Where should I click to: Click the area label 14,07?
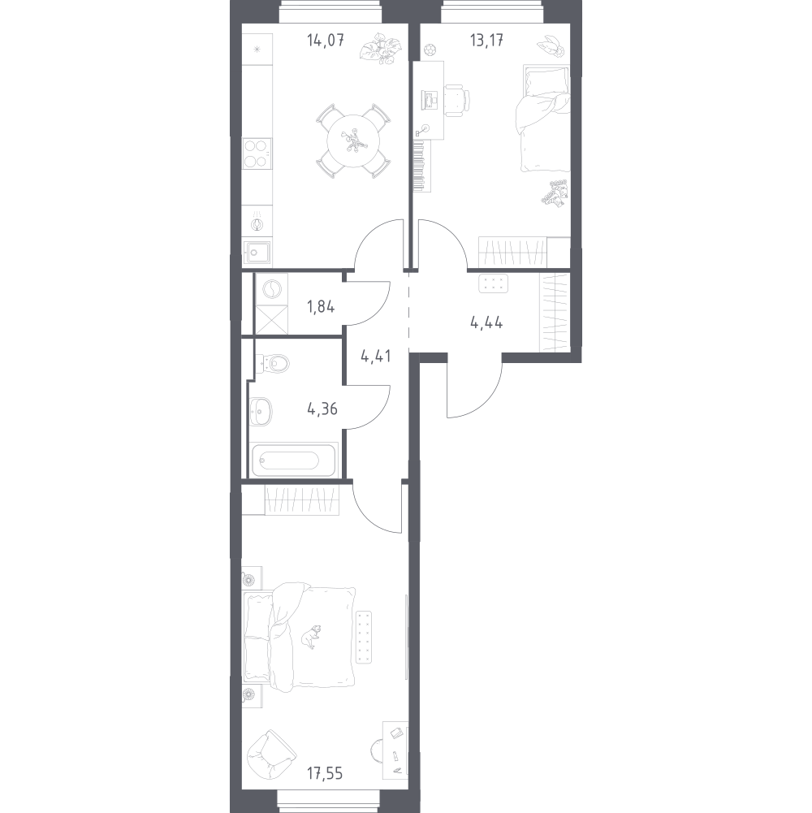click(x=326, y=40)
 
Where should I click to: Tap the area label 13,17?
click(x=486, y=40)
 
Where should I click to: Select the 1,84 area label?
click(x=321, y=307)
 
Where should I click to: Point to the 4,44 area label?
click(x=486, y=323)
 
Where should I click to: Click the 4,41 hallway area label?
click(x=375, y=357)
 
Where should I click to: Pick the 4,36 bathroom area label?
click(x=322, y=409)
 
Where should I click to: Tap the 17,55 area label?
click(x=325, y=773)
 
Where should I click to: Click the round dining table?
click(x=354, y=141)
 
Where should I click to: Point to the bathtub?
click(x=294, y=460)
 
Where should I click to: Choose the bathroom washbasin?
click(x=261, y=412)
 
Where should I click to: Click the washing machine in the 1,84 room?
click(x=272, y=289)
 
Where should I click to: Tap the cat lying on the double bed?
click(x=311, y=636)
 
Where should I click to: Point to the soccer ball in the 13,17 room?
click(x=430, y=50)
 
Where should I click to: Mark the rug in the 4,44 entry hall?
click(x=494, y=283)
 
